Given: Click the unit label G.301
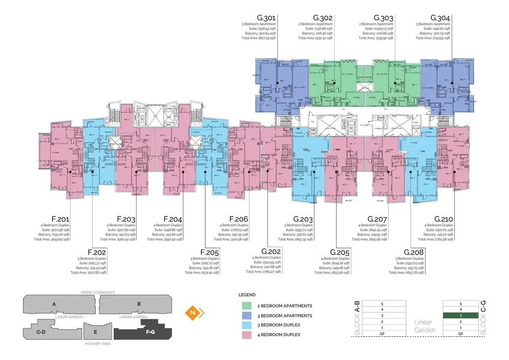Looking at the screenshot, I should tap(266, 18).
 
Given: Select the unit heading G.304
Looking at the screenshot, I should tap(440, 18).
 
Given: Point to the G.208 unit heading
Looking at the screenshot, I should tap(414, 252).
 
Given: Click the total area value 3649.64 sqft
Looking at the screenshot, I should tap(57, 239).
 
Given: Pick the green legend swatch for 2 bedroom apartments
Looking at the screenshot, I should tap(247, 306).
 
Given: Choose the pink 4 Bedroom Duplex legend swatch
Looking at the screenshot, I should tap(247, 335).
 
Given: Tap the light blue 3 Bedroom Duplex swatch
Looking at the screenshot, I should tap(247, 325).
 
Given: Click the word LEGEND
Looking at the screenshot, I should tap(246, 294).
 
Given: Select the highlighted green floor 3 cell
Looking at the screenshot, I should tap(461, 316).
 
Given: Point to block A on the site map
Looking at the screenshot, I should tap(54, 304).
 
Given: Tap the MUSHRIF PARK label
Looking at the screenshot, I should tap(98, 343).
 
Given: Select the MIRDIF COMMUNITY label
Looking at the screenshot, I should tap(98, 292).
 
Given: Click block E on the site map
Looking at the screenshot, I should tap(95, 332).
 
